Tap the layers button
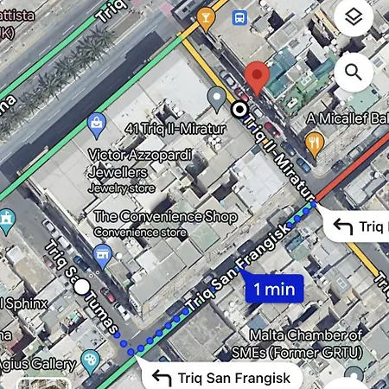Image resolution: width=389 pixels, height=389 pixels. [353, 19]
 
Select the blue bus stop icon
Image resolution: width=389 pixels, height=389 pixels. [239, 17]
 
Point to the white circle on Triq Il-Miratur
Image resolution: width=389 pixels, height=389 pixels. [239, 109]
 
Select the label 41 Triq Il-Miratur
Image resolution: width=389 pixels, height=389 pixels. [169, 129]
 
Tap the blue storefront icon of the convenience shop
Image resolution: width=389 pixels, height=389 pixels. [103, 254]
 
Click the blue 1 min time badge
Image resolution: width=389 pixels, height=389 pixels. [274, 289]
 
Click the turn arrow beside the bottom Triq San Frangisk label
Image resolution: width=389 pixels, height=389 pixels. [162, 377]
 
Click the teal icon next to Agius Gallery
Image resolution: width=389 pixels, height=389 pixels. [90, 360]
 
